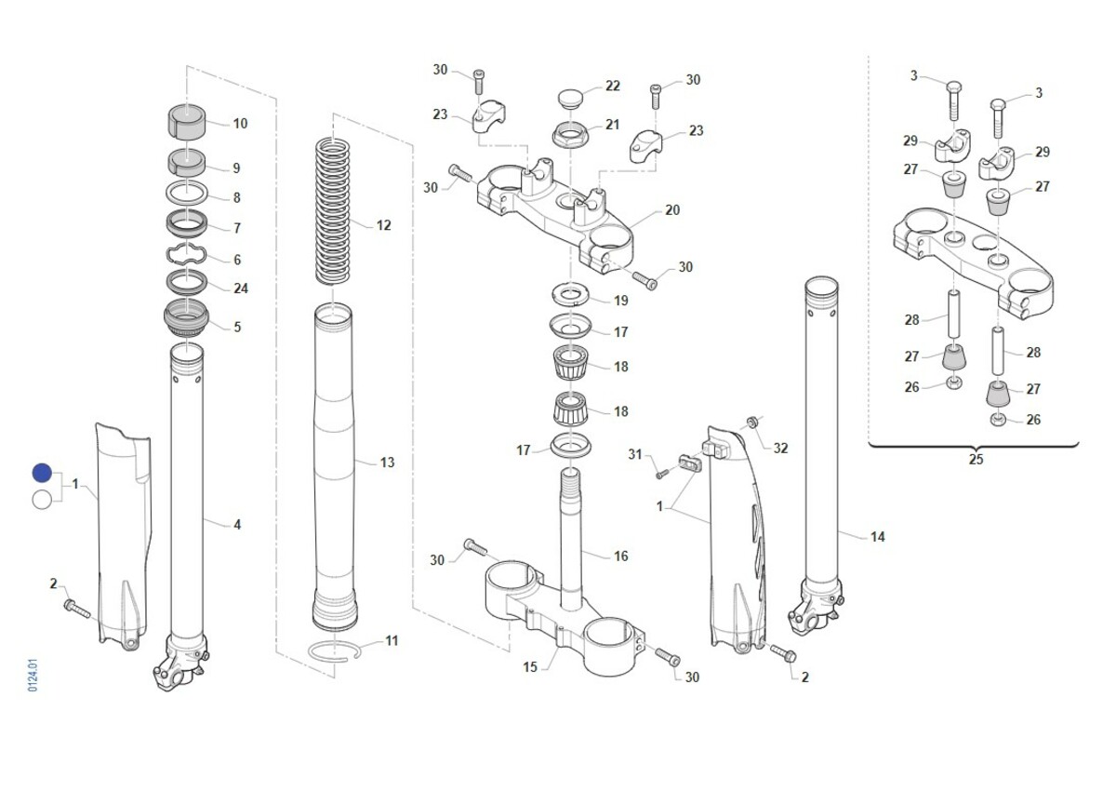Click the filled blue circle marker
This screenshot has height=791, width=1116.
point(42,473)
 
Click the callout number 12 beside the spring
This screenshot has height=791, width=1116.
point(383,226)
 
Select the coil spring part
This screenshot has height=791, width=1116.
point(333,211)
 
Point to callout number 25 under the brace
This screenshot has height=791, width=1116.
point(976,459)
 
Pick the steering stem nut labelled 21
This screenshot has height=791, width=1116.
point(570,134)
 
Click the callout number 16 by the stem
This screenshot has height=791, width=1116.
point(621,556)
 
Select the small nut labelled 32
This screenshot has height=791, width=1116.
point(751,422)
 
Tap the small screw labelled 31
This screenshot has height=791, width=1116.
point(661,474)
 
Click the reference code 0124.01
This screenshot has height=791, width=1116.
point(33,676)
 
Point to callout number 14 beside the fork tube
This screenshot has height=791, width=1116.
point(877,537)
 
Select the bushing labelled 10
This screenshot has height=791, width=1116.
point(186,123)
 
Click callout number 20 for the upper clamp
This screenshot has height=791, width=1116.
point(672,210)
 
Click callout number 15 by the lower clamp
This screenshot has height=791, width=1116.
point(530,667)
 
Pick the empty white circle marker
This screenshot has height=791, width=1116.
point(42,500)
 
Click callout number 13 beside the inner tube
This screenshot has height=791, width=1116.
point(387,463)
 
